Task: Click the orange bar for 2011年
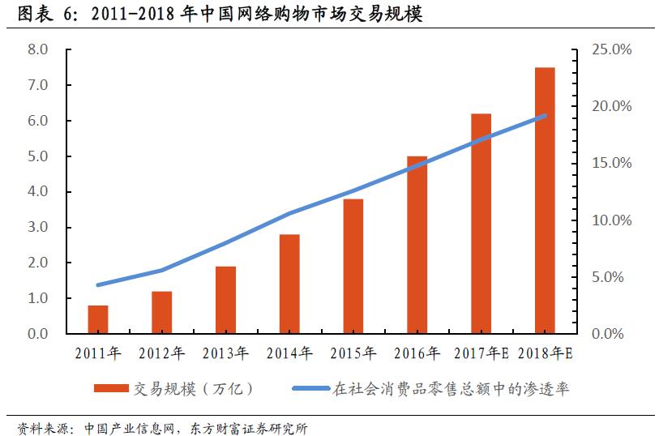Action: [x=98, y=319]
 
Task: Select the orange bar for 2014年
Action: [x=289, y=284]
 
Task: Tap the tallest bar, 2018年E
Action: [x=545, y=200]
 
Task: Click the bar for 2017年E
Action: [x=481, y=224]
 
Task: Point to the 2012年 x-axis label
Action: [x=162, y=353]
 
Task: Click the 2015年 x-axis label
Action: [x=353, y=353]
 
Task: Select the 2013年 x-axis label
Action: [x=225, y=353]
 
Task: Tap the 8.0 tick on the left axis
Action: [x=38, y=49]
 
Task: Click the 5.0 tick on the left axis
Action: [x=38, y=156]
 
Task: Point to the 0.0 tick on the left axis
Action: [x=38, y=334]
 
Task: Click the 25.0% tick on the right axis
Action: [x=612, y=49]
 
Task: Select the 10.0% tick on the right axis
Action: [x=612, y=220]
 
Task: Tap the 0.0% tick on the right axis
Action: [x=612, y=334]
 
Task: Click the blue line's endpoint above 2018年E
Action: [x=545, y=116]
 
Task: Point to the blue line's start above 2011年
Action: [x=98, y=285]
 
